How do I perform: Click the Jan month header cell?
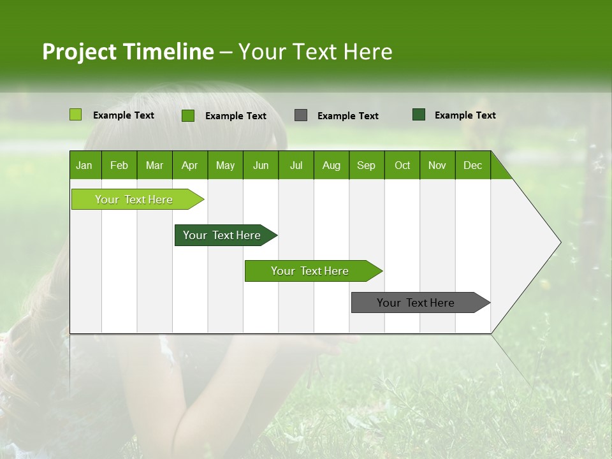coord(84,165)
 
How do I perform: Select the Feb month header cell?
coord(119,165)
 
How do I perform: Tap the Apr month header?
coord(189,165)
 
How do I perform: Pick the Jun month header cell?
coord(260,165)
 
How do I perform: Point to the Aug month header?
coord(331,165)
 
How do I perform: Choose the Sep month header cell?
coord(366,165)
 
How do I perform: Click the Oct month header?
coord(402,165)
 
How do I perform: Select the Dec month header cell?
coord(472,165)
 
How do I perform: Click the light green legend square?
coord(75,115)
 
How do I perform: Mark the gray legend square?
coord(301,115)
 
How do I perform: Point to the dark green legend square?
coord(419,115)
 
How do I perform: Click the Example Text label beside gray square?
coord(347,116)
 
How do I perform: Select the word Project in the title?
coord(80,52)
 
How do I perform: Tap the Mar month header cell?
coord(154,165)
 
